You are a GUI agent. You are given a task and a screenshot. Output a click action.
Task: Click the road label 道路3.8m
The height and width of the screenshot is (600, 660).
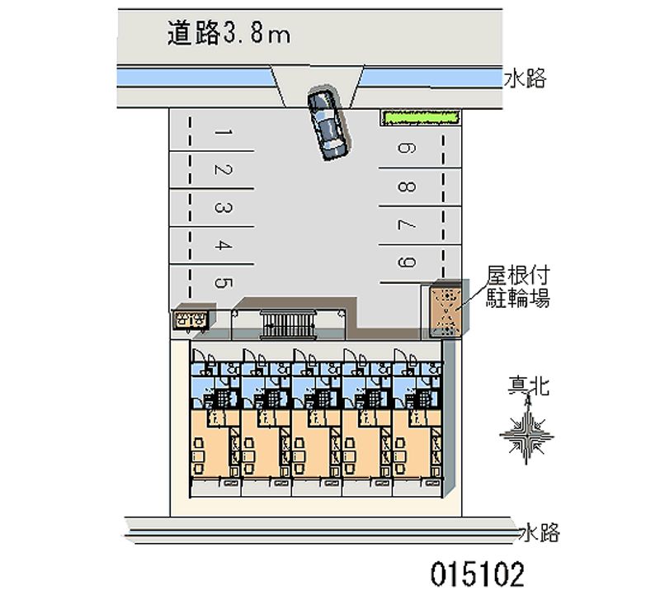pos(229,32)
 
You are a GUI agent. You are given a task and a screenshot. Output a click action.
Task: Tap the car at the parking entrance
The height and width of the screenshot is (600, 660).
pos(328,123)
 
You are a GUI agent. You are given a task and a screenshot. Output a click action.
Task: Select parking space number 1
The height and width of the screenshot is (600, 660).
pos(223,133)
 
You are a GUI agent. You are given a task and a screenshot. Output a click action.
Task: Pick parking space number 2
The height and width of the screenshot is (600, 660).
pos(223,170)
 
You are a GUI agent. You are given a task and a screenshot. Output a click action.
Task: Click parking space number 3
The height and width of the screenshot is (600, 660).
pos(223,208)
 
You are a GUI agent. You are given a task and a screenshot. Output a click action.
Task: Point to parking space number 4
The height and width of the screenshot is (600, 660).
pos(223,245)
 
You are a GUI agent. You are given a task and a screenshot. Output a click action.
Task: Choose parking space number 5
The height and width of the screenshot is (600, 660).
pos(223,282)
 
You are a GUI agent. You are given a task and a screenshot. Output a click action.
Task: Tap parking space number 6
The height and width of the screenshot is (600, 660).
pos(407,149)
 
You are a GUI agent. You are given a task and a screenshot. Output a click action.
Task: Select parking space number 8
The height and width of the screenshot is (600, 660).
pos(407,187)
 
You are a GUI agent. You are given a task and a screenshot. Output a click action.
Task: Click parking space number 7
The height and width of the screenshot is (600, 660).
pos(407,224)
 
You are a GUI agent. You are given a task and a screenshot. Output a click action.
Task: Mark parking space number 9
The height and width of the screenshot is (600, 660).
pos(407,262)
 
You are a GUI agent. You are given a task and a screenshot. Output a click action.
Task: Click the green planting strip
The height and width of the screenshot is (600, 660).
pos(420,117)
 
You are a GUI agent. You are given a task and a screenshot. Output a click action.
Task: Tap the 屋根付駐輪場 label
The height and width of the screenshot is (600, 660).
pos(518,286)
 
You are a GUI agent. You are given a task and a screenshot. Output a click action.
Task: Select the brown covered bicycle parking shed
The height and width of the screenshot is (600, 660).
pos(445,309)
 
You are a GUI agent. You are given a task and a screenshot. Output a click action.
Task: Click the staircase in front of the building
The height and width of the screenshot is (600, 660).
pos(288,324)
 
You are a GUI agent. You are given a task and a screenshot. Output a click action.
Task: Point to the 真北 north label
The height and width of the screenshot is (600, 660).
pos(528,385)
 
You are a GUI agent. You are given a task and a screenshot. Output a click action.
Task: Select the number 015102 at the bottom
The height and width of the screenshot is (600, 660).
pos(478,574)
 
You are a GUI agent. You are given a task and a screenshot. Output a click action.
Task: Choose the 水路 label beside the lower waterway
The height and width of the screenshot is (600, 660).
pos(541,532)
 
